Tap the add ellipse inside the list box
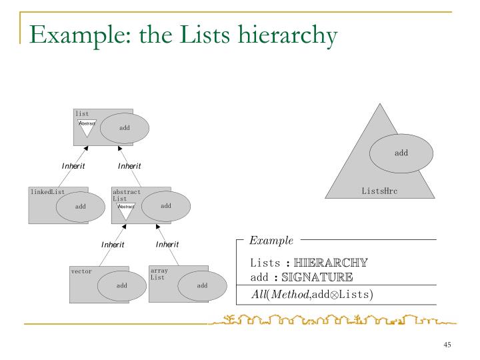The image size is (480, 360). (x=124, y=128)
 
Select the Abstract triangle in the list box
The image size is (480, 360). (x=87, y=125)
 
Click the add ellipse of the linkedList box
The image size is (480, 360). (x=80, y=207)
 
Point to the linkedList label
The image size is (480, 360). (x=47, y=192)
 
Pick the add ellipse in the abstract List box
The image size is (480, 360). (x=166, y=206)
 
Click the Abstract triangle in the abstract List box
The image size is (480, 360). (x=126, y=209)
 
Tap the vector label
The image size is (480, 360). (x=81, y=271)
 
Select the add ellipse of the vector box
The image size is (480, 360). (x=122, y=285)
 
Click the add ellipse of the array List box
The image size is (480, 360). (x=202, y=285)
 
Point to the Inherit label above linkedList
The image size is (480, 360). (x=73, y=166)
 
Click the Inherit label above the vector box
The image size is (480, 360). (x=113, y=245)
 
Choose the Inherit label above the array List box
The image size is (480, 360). (x=167, y=244)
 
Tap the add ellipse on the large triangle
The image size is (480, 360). (x=401, y=153)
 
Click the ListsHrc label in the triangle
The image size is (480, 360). (x=379, y=191)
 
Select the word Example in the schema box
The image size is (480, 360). (x=271, y=239)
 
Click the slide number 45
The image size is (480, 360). (x=447, y=344)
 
